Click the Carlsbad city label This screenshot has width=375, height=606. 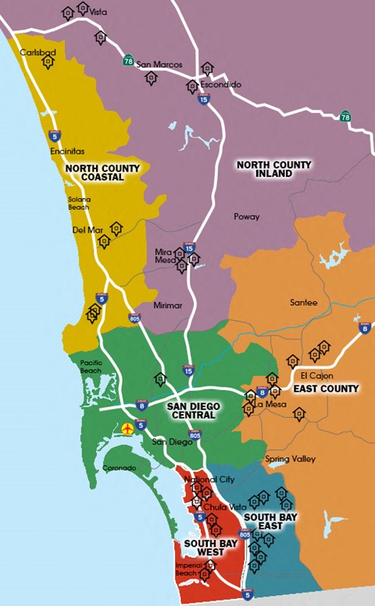(x=38, y=52)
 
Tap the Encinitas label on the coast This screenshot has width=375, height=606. (x=66, y=151)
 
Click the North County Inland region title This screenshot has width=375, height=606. (x=273, y=169)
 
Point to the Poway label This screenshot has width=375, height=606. (x=246, y=216)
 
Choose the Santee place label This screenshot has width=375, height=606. (x=303, y=303)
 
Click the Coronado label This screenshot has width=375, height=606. (x=120, y=468)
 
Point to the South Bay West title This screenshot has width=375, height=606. (x=205, y=547)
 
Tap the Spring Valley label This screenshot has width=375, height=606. (x=290, y=459)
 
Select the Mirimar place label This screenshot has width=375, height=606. (x=168, y=307)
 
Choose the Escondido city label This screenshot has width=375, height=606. (x=220, y=83)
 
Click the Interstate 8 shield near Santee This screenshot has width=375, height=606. (x=363, y=329)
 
